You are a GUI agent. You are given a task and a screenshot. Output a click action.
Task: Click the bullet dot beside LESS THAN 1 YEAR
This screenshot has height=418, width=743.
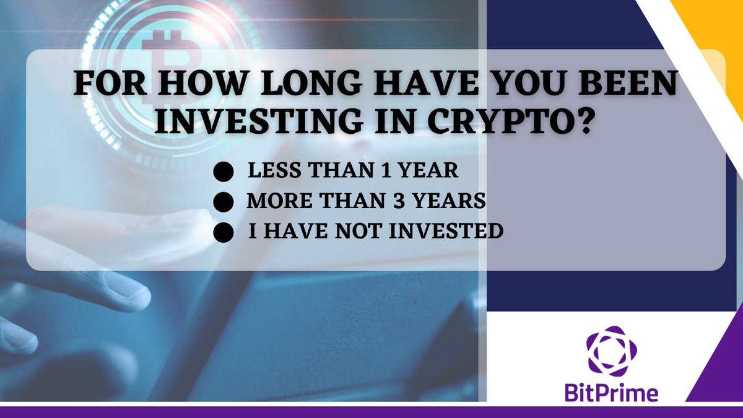[x=227, y=172]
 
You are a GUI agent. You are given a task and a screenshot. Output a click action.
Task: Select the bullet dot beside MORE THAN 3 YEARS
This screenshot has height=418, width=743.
[x=227, y=202]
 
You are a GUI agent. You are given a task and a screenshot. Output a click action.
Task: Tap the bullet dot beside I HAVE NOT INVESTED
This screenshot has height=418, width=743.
[x=227, y=232]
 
